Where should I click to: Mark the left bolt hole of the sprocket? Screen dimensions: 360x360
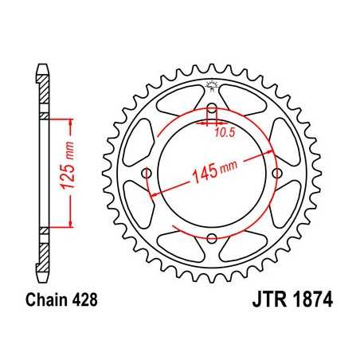(147, 174)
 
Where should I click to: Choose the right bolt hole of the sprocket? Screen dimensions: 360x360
(276, 174)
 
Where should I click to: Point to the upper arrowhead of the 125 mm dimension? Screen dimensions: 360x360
(72, 122)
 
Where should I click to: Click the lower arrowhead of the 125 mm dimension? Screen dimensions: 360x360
(72, 226)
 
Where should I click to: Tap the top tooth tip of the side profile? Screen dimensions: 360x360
(41, 65)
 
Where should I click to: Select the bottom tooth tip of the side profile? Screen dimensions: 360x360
(41, 282)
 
